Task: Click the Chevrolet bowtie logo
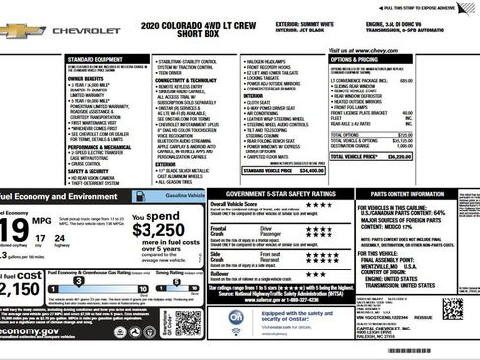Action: tap(20, 30)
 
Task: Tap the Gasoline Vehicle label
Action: tap(181, 196)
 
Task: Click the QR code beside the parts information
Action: tap(452, 309)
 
